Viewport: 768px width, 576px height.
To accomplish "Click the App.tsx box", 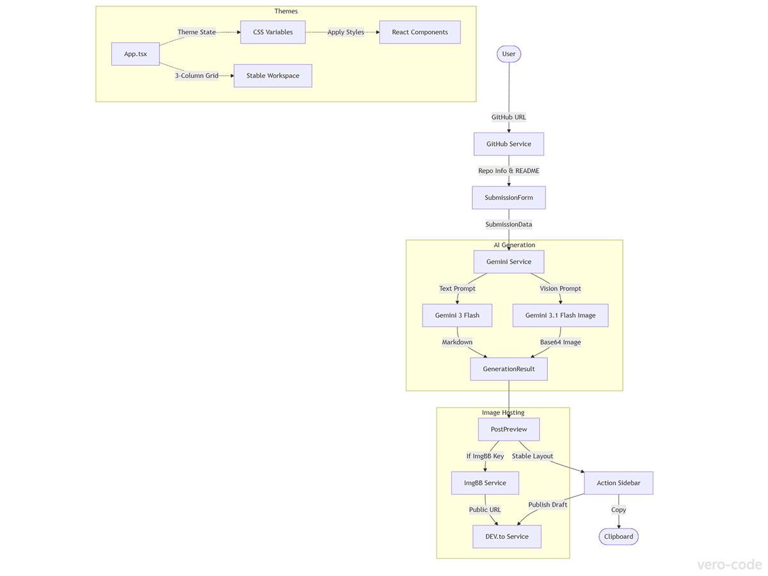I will point(135,54).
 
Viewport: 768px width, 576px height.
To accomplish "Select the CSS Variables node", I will point(273,32).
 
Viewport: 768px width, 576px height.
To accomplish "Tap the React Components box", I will point(420,32).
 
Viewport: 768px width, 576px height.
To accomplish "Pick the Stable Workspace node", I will point(273,76).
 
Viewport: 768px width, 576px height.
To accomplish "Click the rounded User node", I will point(509,54).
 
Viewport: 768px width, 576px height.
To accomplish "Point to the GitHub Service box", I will point(509,144).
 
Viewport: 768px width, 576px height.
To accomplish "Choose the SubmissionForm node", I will point(509,198).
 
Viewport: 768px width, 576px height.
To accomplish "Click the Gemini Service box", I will point(509,262).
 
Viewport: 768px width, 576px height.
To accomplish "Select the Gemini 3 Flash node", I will point(457,316).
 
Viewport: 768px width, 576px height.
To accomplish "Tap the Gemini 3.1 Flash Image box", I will point(560,316).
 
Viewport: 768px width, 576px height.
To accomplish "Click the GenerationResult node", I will point(509,369).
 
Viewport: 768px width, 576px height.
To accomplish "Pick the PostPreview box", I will point(509,429).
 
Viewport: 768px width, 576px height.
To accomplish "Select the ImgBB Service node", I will point(485,483).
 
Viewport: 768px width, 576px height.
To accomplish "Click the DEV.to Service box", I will point(507,536).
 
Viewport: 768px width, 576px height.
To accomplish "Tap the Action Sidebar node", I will point(618,483).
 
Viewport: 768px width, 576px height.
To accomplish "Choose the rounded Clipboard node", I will point(618,536).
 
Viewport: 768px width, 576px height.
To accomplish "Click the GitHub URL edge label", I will point(509,117).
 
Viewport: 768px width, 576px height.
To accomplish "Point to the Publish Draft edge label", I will point(548,504).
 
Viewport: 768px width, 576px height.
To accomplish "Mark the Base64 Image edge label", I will point(560,342).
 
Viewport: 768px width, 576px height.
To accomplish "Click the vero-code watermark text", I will point(730,564).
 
